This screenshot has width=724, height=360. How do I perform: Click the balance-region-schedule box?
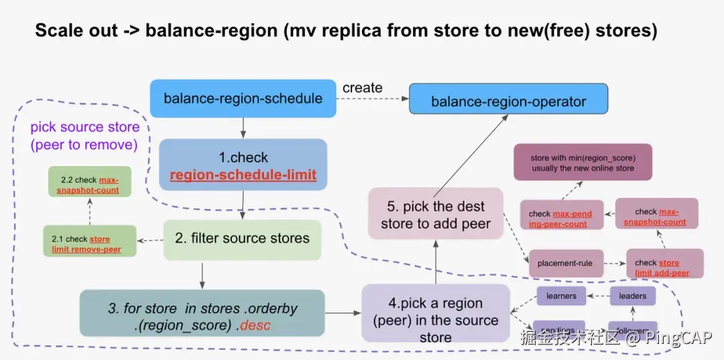[243, 99]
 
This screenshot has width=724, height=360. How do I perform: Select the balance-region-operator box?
[508, 102]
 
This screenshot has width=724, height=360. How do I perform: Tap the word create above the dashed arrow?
[362, 88]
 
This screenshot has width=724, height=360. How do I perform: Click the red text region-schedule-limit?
[243, 176]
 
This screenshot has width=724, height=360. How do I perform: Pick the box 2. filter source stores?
[243, 238]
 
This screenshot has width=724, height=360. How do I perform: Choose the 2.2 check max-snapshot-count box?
[89, 185]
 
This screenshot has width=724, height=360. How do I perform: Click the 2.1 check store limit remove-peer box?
[90, 244]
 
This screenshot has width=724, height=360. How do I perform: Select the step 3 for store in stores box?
[202, 317]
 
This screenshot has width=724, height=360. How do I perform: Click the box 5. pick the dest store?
[436, 215]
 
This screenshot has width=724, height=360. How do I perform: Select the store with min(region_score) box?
[583, 163]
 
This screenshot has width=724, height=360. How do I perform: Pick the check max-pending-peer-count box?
[562, 218]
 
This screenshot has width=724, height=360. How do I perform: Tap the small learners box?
[560, 296]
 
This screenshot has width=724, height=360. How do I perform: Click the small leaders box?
[632, 296]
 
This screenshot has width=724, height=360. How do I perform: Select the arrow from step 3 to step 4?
[343, 312]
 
